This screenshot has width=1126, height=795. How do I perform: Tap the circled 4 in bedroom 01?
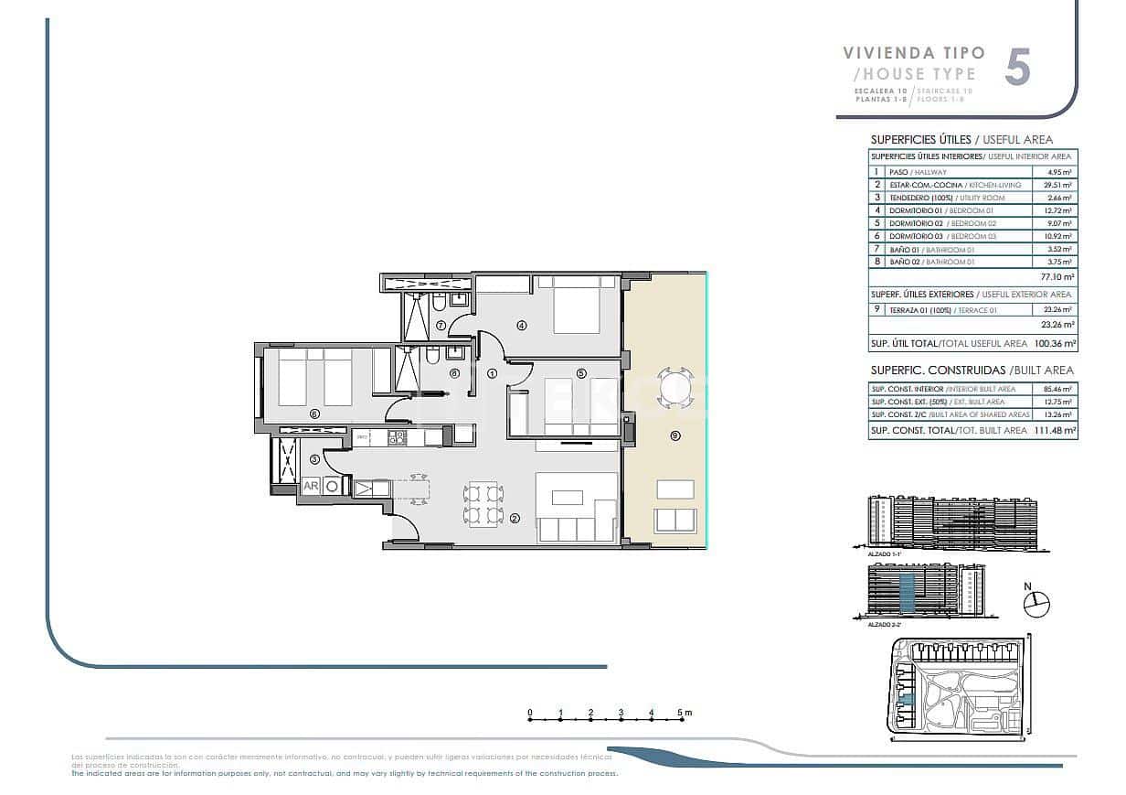coord(522,325)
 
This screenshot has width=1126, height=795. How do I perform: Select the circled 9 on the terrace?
coord(675,436)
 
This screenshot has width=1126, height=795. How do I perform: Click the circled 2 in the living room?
coord(515,519)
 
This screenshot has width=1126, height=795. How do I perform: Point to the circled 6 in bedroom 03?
coord(314,414)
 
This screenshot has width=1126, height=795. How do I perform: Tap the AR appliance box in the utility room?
coord(311,486)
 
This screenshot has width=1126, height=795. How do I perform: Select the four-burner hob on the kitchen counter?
coord(396,438)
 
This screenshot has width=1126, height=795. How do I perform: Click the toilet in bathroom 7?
coord(440,301)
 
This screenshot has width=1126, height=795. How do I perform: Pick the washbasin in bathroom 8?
coord(455,353)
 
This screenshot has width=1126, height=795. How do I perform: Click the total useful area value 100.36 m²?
coord(1055,344)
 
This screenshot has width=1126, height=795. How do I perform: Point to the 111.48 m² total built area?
coord(1055,430)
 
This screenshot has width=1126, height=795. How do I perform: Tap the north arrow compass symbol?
coord(1036,602)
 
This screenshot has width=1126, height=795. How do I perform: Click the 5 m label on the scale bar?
coord(685,712)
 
